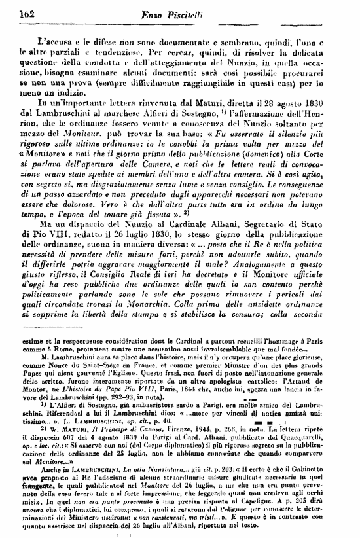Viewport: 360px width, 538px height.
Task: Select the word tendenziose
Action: (x=118, y=50)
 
